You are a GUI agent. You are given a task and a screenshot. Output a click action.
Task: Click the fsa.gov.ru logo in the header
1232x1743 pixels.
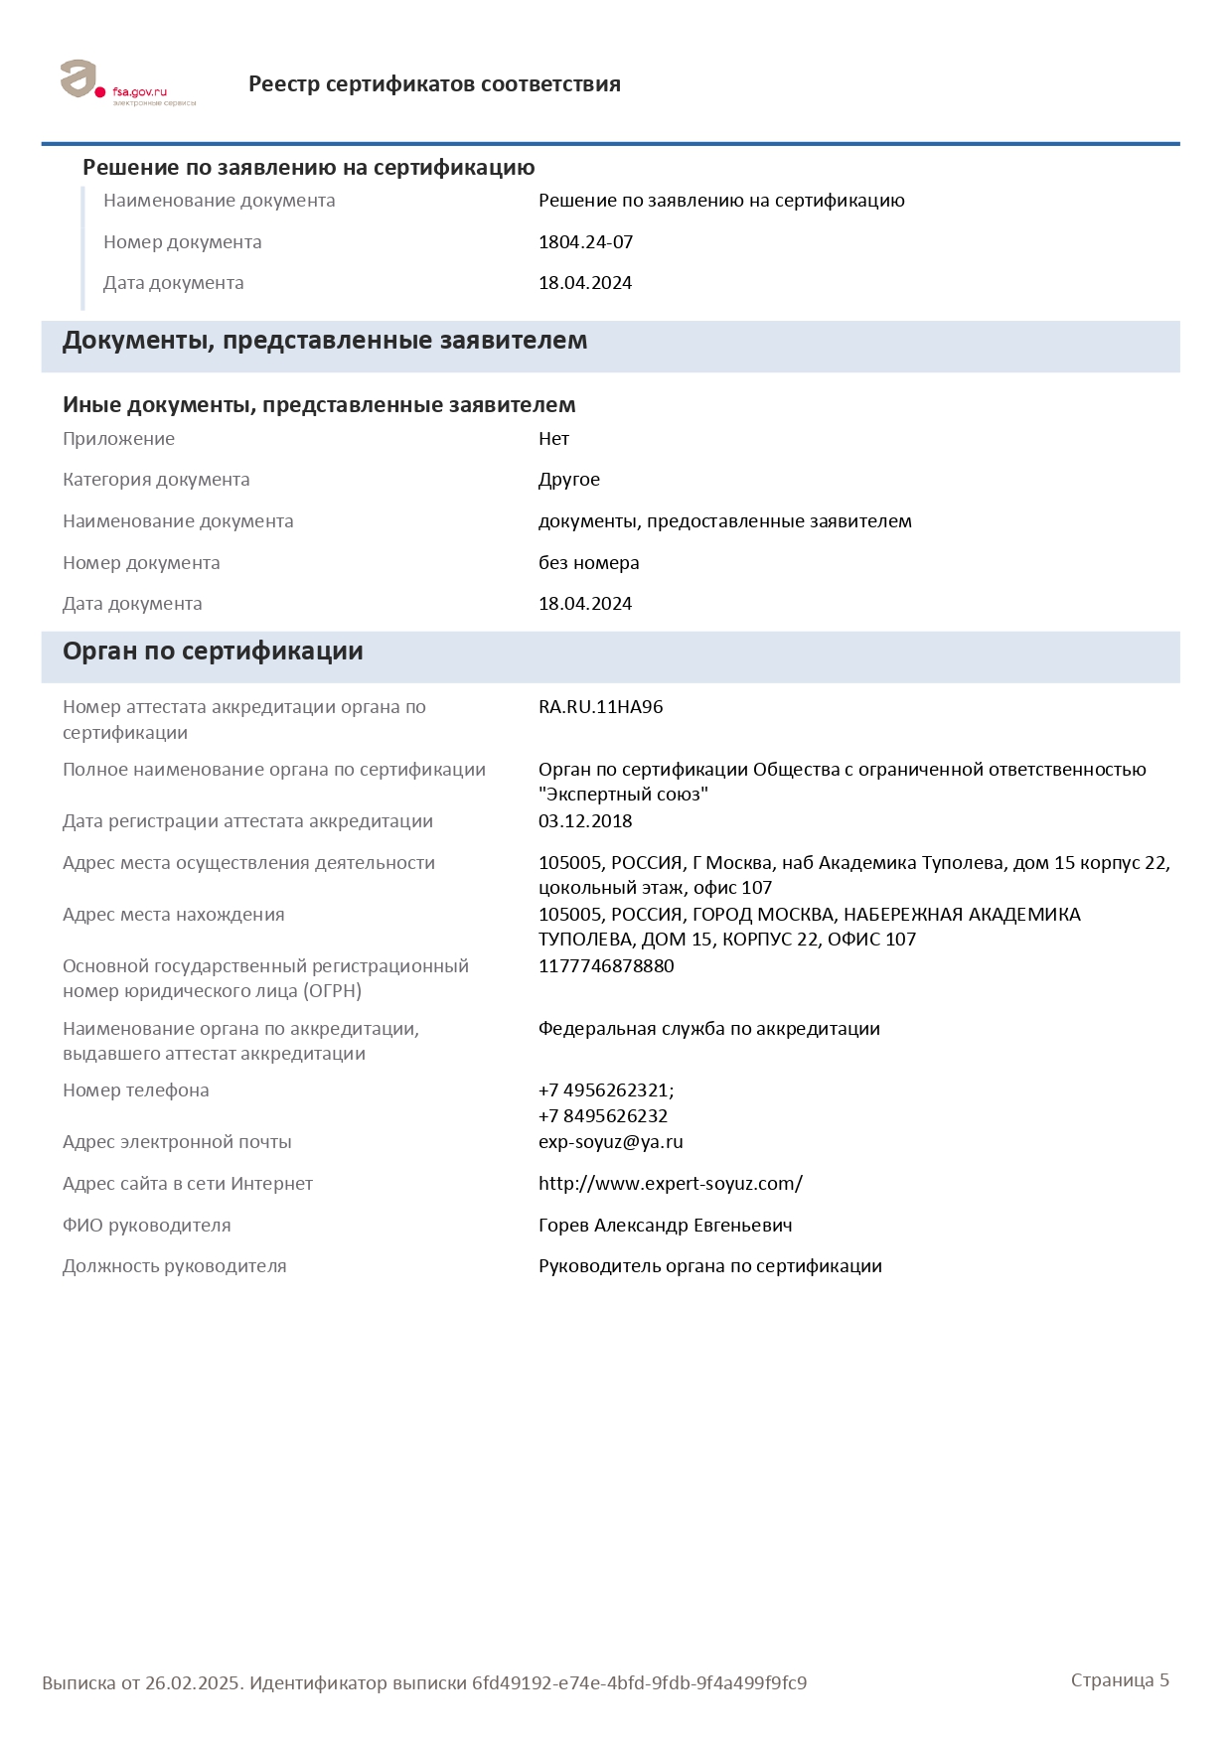(x=127, y=83)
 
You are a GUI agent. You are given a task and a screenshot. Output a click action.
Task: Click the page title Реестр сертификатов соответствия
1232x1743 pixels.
(x=434, y=84)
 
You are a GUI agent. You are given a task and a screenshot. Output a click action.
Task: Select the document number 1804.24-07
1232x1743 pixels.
(x=585, y=242)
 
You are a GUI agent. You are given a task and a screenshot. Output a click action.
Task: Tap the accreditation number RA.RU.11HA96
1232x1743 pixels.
(x=600, y=707)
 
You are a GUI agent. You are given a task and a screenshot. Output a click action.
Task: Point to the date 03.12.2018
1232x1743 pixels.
(x=585, y=821)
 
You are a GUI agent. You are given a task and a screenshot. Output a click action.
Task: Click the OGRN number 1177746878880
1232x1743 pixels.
(x=606, y=966)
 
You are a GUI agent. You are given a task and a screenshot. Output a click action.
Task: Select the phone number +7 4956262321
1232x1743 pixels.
(x=605, y=1090)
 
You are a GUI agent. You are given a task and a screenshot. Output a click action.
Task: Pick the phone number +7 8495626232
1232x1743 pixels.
(x=603, y=1116)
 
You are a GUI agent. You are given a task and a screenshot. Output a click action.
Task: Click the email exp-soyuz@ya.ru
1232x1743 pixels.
(x=610, y=1142)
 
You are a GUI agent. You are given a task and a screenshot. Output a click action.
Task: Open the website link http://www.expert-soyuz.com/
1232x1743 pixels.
(x=670, y=1184)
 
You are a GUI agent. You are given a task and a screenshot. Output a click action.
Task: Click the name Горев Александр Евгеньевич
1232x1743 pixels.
(x=665, y=1226)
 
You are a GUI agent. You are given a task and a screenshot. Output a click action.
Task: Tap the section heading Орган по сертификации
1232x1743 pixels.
(x=213, y=652)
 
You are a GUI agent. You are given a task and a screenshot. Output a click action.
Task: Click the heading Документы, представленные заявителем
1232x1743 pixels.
(x=325, y=341)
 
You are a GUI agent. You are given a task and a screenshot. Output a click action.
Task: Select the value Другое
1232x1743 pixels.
(x=569, y=480)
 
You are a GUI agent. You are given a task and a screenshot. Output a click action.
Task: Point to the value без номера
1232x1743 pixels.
(x=588, y=563)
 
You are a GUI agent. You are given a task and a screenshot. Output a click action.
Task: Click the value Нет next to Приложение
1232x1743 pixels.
(x=553, y=439)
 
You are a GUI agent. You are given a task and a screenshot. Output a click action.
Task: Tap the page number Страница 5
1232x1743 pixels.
(x=1120, y=1680)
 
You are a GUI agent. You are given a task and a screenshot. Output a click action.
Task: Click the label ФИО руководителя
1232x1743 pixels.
(x=146, y=1226)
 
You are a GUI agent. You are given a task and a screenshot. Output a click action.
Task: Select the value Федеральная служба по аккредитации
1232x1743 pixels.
(x=708, y=1029)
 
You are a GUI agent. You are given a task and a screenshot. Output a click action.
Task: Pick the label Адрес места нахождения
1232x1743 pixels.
(x=173, y=915)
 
